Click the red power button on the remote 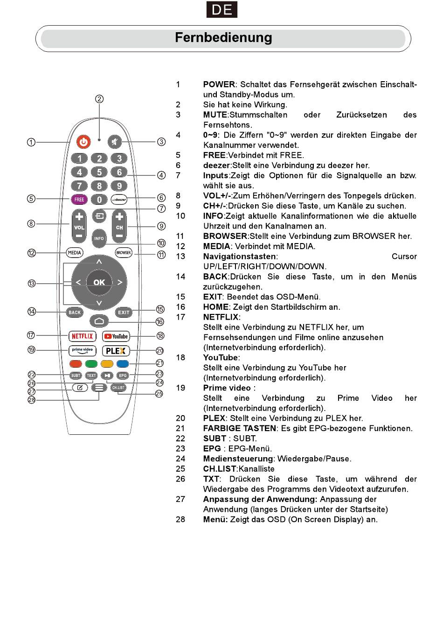83,142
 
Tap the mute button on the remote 114,142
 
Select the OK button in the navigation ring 99,282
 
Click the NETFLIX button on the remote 82,336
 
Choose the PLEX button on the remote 116,351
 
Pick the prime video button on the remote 82,351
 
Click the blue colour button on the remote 123,364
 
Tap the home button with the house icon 99,321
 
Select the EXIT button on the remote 124,313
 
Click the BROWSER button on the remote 124,253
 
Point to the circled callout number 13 32,283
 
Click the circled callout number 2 99,99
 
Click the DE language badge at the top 222,10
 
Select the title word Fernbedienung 223,38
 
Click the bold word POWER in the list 219,84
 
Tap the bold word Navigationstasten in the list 239,257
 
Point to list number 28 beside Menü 180,519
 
